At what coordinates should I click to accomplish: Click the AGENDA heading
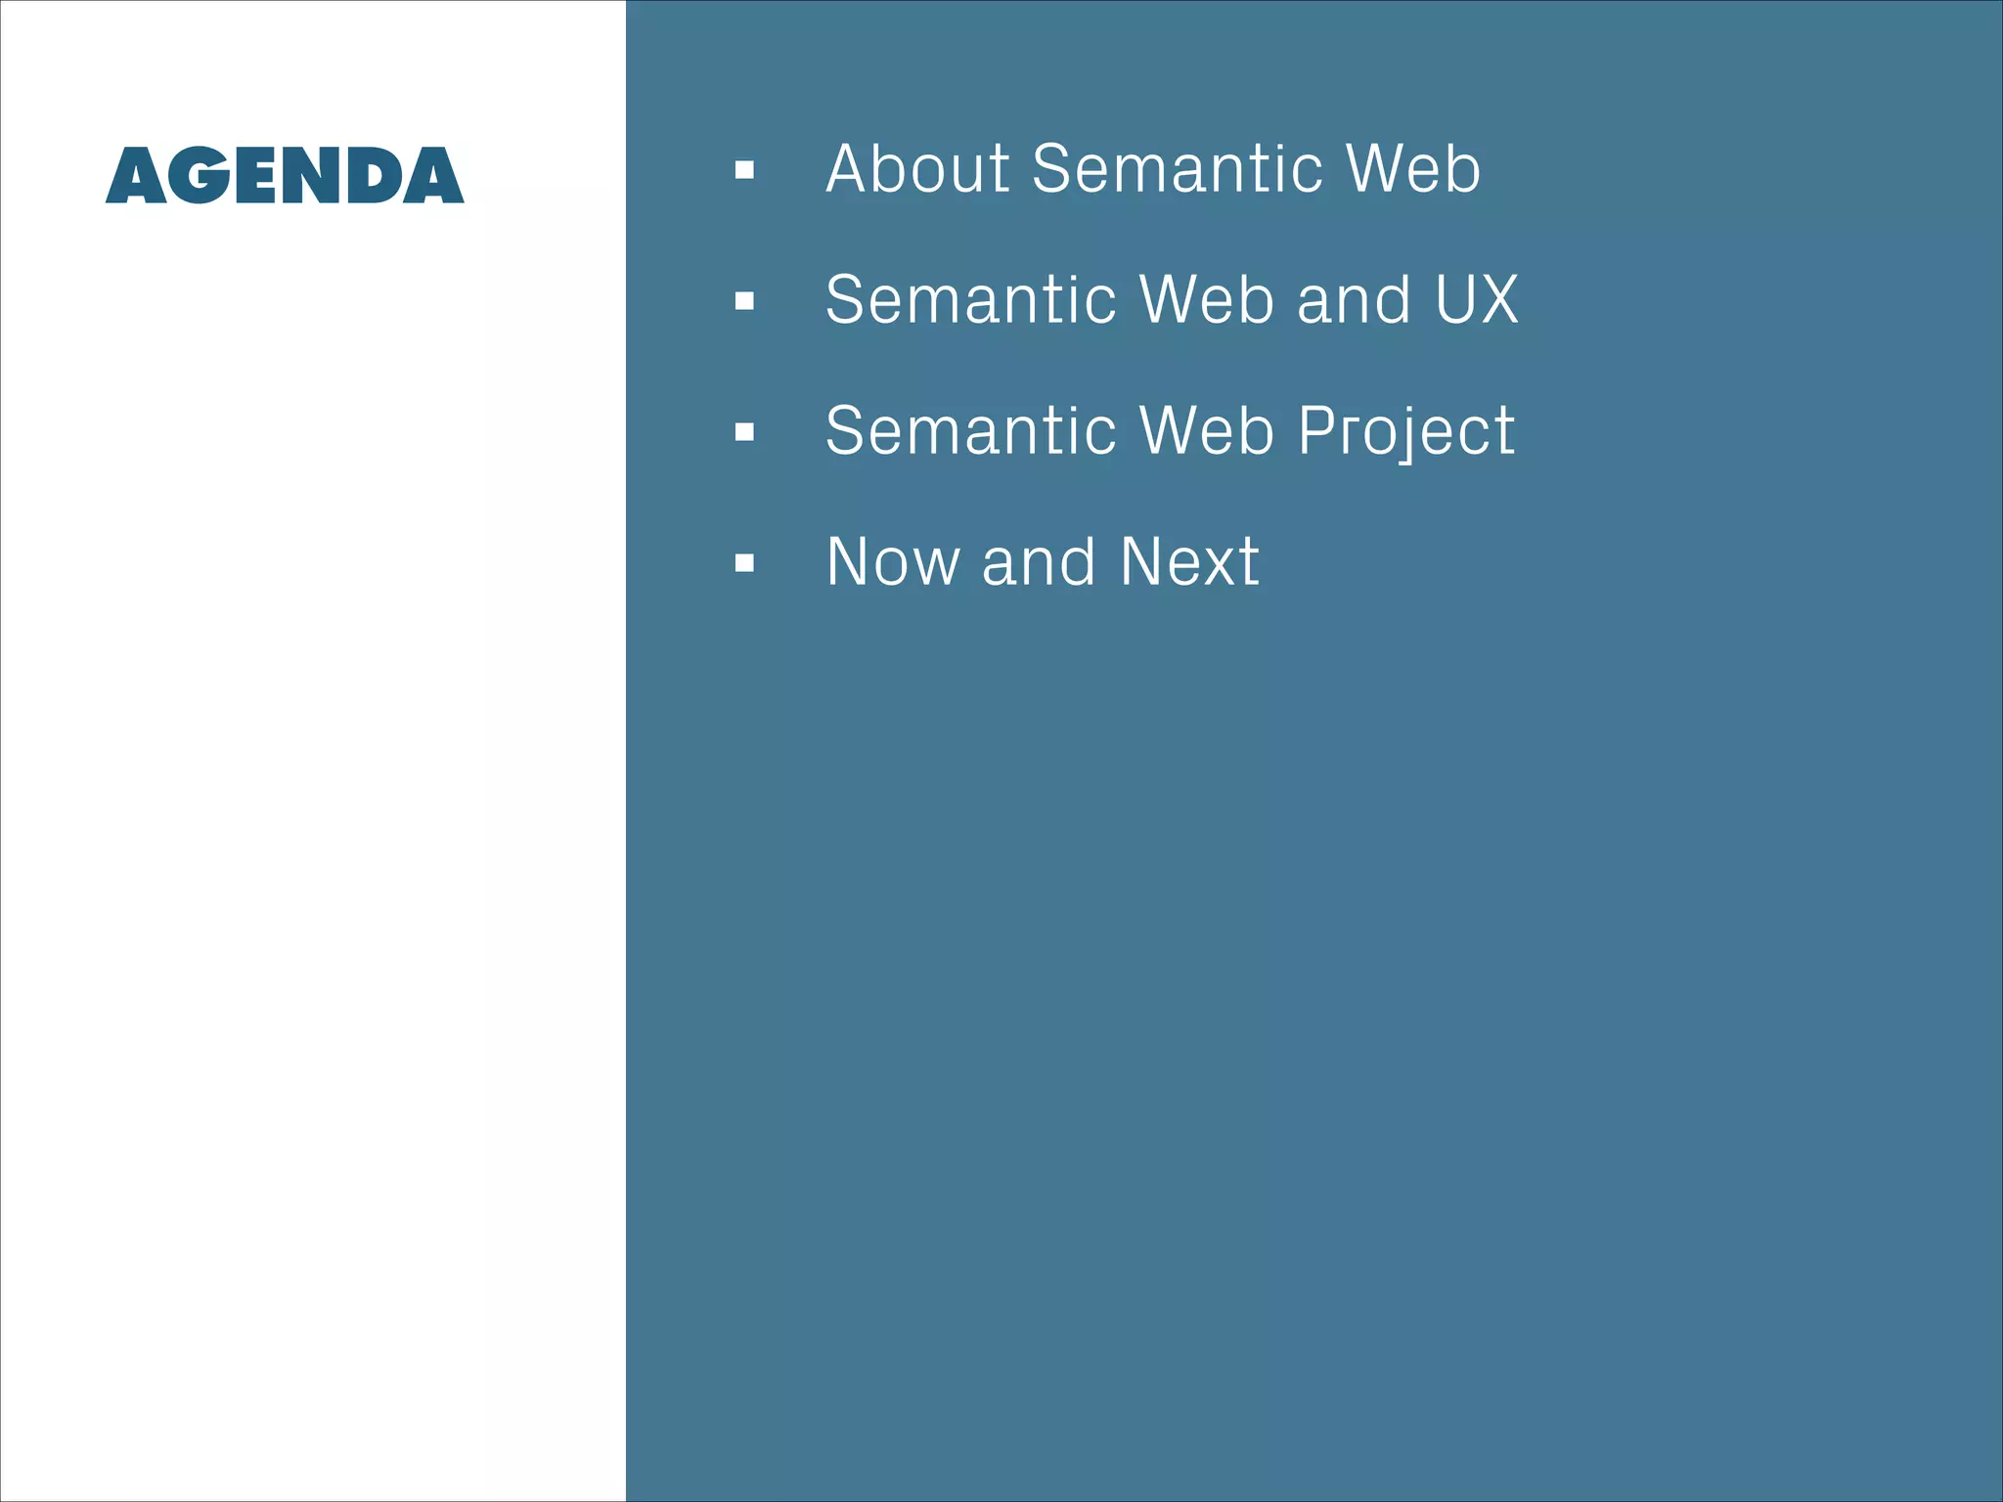click(285, 176)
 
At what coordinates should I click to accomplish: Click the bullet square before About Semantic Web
click(744, 171)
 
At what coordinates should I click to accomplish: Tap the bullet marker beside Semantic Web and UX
click(744, 301)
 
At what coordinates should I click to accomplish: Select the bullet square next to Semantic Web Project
click(744, 432)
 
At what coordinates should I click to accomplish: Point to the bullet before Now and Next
click(744, 563)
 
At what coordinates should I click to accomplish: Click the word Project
click(1406, 432)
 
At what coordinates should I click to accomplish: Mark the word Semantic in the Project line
click(970, 430)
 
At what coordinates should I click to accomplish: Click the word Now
click(893, 562)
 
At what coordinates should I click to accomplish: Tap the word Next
click(1189, 562)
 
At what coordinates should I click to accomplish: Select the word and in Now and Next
click(1039, 562)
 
